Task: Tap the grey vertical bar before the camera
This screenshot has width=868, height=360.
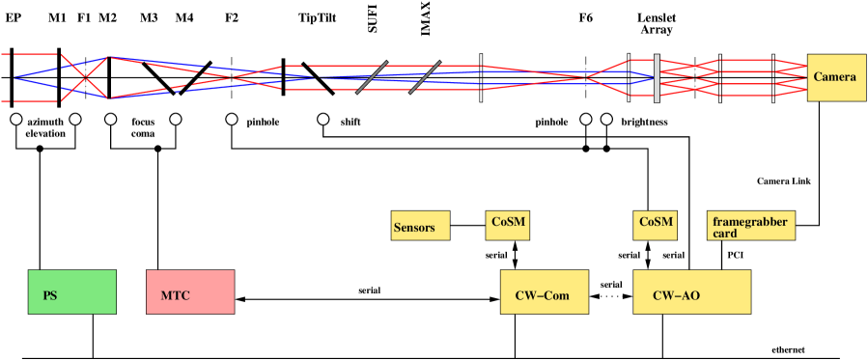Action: pos(657,77)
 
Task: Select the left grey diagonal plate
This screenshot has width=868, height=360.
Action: pos(372,77)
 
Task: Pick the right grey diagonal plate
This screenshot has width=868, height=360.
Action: pos(425,77)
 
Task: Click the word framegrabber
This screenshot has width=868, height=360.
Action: pos(749,222)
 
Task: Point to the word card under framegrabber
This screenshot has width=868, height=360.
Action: pos(725,234)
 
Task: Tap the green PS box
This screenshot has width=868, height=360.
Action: pos(72,292)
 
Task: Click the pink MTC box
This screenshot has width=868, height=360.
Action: pos(190,292)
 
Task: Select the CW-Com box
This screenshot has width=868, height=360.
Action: pos(544,292)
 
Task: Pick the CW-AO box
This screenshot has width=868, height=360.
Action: pos(691,292)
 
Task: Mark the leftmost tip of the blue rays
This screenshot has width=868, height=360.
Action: pos(14,77)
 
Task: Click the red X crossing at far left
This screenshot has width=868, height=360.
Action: pos(85,77)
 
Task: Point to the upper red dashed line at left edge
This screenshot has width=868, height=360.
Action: pos(29,55)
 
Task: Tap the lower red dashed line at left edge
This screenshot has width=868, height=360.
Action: pos(29,100)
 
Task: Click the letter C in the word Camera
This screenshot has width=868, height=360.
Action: pos(817,77)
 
